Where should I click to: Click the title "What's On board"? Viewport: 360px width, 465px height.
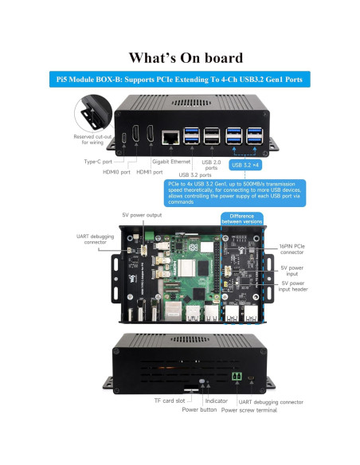click(x=179, y=57)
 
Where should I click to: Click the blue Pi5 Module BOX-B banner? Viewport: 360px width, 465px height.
click(x=179, y=80)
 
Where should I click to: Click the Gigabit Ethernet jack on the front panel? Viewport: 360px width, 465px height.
click(x=170, y=137)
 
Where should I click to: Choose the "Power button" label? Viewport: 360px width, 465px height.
click(x=200, y=410)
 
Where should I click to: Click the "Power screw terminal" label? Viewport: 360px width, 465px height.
click(x=251, y=410)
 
